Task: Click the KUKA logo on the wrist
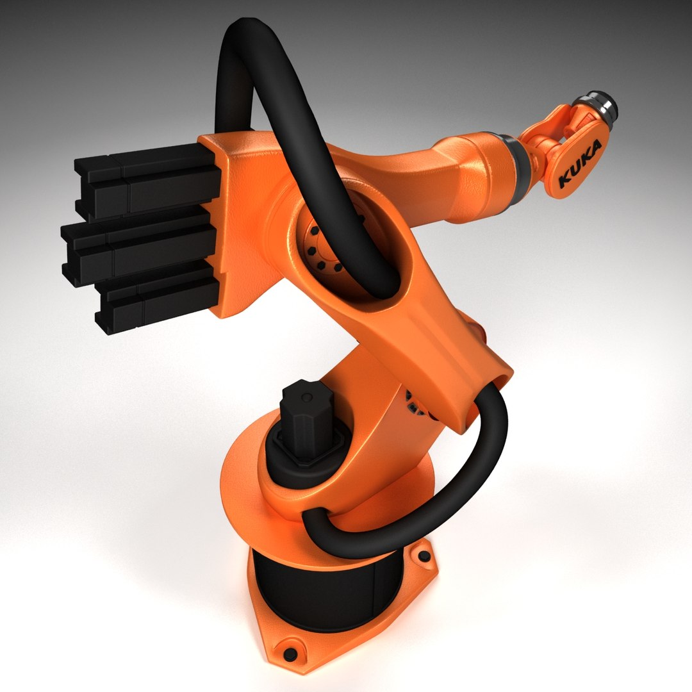point(580,164)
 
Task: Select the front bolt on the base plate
point(290,654)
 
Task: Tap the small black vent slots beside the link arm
point(416,410)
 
